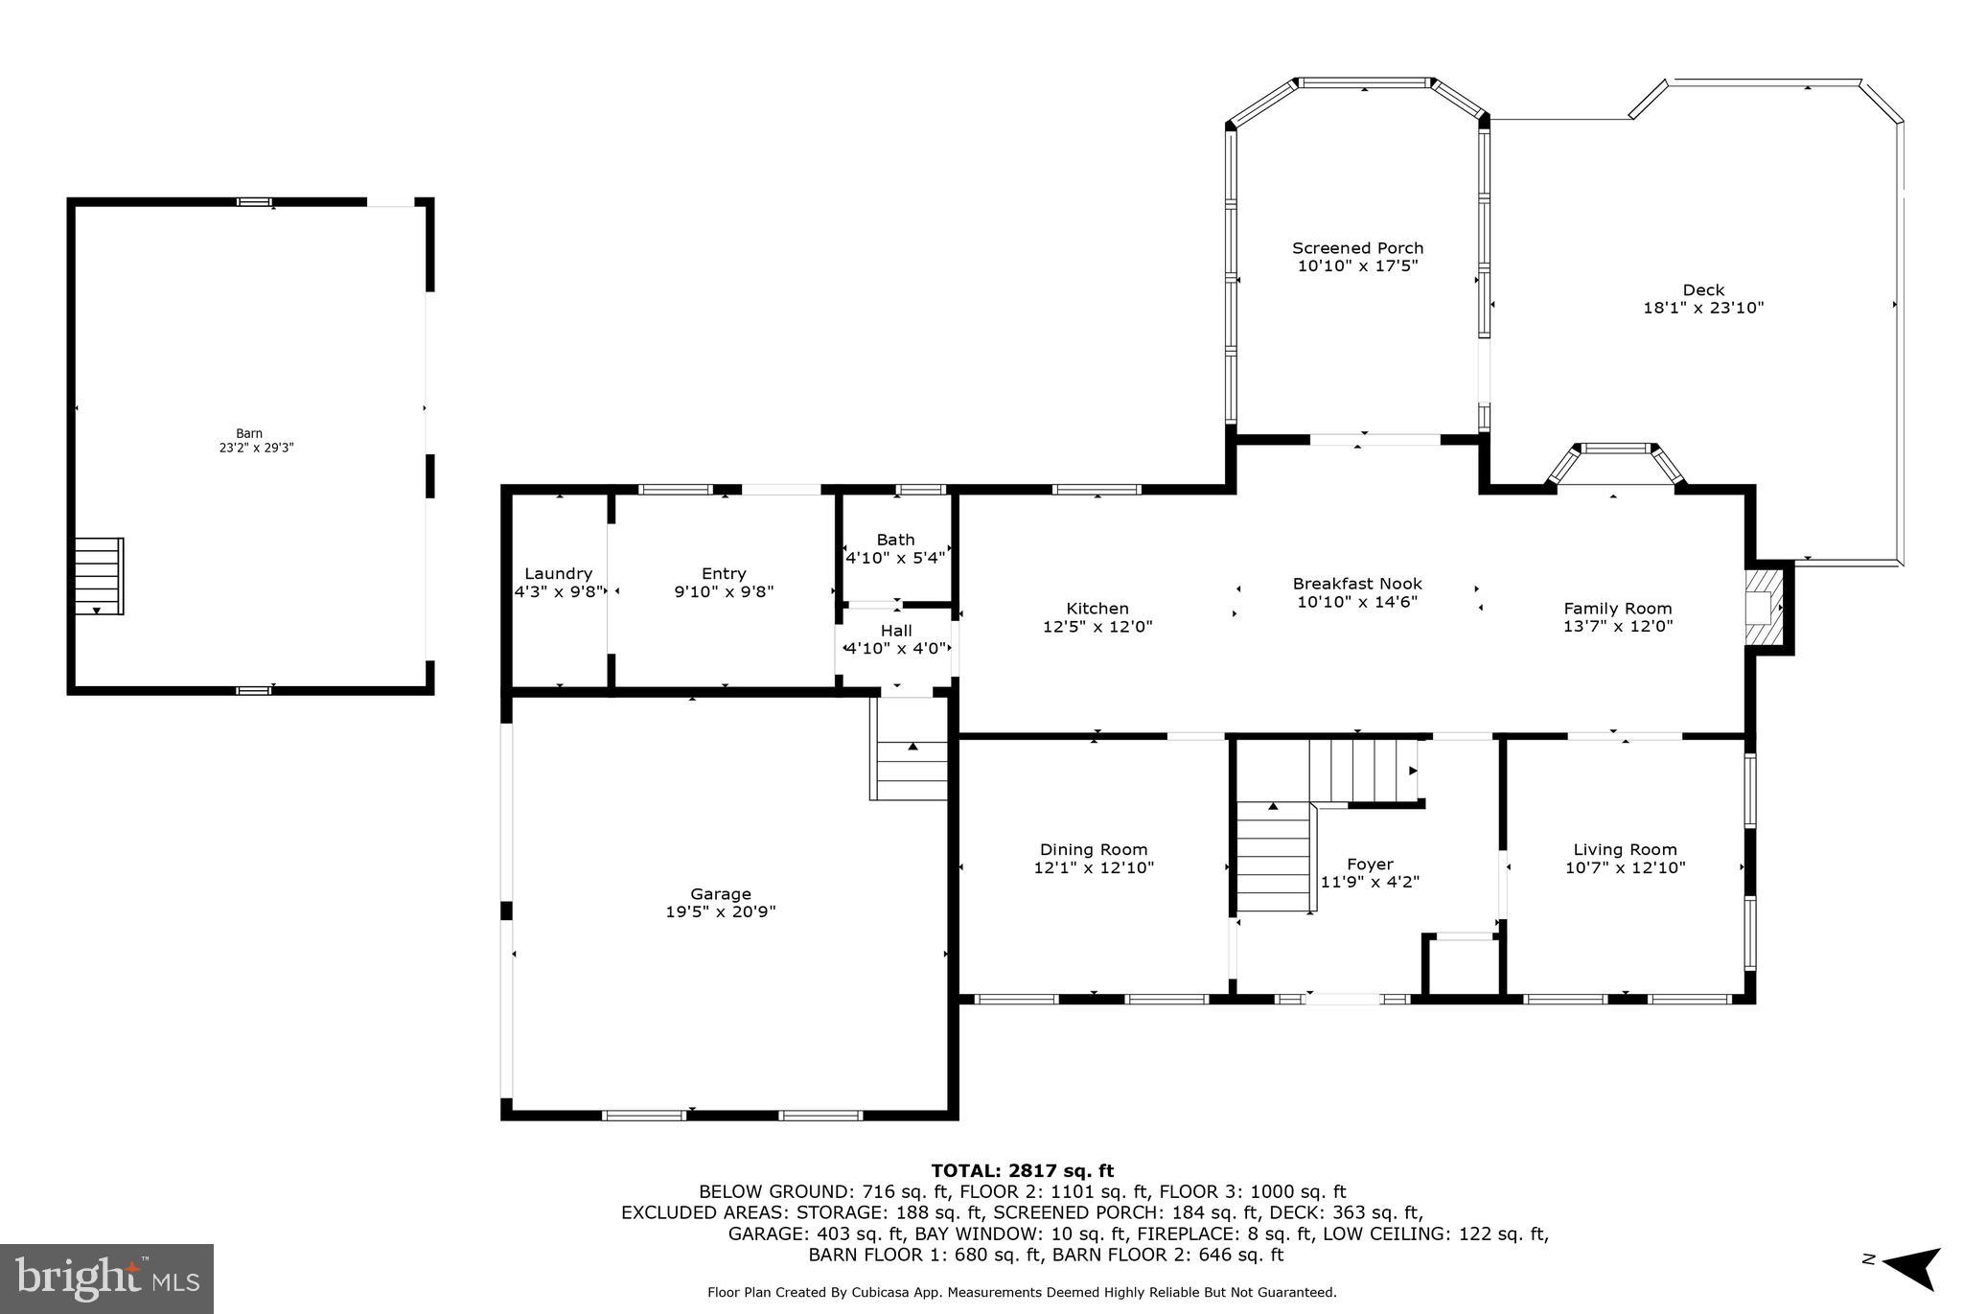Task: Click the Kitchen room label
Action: click(x=1097, y=609)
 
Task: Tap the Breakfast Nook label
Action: click(x=1356, y=584)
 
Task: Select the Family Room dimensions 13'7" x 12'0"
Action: click(x=1618, y=626)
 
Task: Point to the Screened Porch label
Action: click(x=1357, y=248)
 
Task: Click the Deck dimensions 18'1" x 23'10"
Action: click(x=1702, y=308)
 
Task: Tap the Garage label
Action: click(x=721, y=894)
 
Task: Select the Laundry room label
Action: click(x=558, y=574)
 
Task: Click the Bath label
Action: click(x=895, y=540)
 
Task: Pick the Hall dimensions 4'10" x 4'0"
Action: click(x=896, y=648)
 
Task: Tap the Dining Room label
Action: click(x=1093, y=849)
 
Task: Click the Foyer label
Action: click(x=1370, y=864)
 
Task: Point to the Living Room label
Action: click(x=1625, y=849)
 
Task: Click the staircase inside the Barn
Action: click(x=99, y=575)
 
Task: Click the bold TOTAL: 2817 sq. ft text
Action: click(x=1022, y=1170)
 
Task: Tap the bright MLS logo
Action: click(x=106, y=1279)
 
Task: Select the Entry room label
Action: click(x=723, y=574)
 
